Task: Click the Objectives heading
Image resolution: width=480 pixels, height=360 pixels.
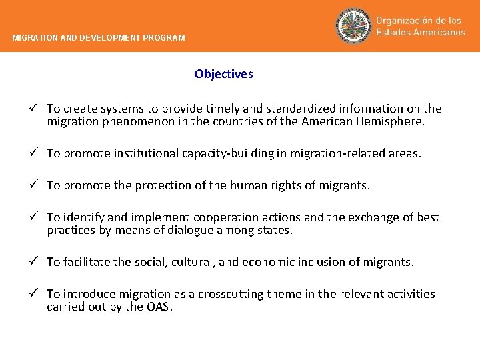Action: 224,75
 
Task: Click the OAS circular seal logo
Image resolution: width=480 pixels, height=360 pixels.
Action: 353,27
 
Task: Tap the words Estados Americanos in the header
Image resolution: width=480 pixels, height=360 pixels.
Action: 421,33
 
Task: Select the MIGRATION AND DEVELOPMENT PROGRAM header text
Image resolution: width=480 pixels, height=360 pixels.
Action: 99,38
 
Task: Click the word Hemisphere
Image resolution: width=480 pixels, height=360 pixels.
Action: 392,122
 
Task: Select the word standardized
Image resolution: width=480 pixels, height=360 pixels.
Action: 299,109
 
